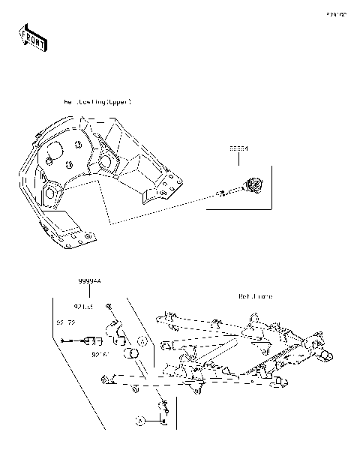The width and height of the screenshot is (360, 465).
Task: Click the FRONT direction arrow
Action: pyautogui.click(x=30, y=37)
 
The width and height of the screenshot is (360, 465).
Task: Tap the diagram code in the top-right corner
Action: pyautogui.click(x=335, y=13)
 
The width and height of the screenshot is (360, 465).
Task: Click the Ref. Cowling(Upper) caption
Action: pyautogui.click(x=97, y=100)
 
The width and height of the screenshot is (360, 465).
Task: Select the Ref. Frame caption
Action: pyautogui.click(x=256, y=296)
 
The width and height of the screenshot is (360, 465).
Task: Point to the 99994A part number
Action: pyautogui.click(x=89, y=280)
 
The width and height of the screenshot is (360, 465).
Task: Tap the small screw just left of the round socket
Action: pyautogui.click(x=221, y=195)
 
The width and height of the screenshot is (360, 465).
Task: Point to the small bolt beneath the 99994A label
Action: pyautogui.click(x=110, y=307)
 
